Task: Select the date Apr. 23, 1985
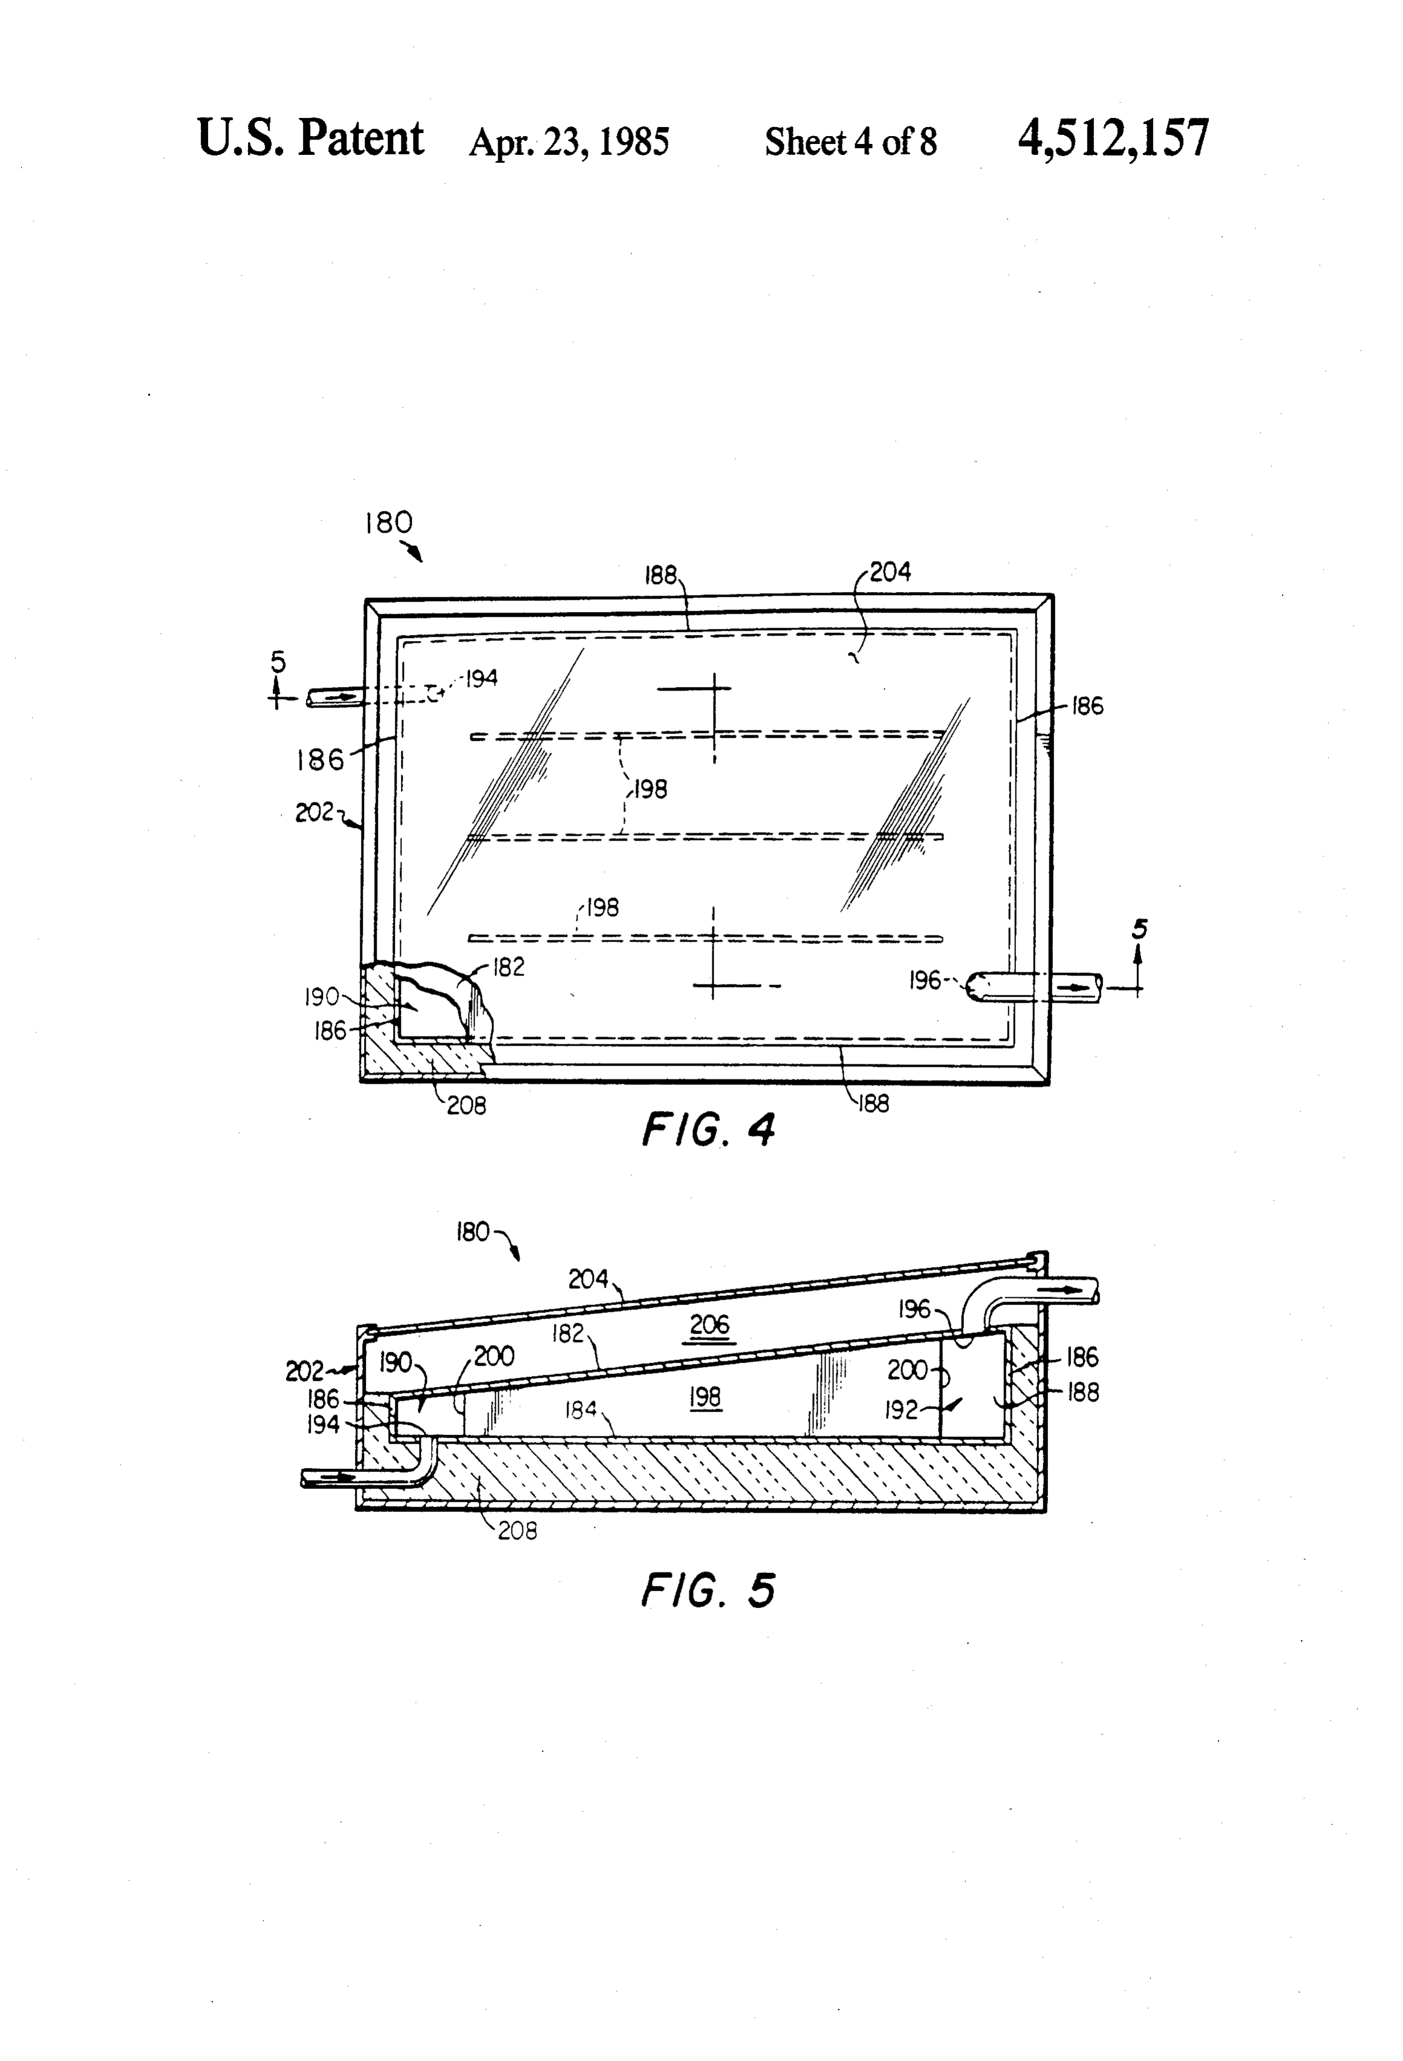click(x=568, y=142)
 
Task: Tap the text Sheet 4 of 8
click(x=850, y=142)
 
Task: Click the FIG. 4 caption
click(x=708, y=1129)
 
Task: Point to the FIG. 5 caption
click(x=708, y=1590)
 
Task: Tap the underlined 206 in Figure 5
click(x=709, y=1325)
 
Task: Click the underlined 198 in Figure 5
click(x=705, y=1398)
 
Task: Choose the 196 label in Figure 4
click(x=925, y=980)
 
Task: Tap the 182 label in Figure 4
click(x=508, y=966)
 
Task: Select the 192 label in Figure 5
click(x=901, y=1410)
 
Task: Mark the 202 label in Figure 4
click(x=314, y=812)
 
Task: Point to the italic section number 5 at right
click(x=1139, y=928)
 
